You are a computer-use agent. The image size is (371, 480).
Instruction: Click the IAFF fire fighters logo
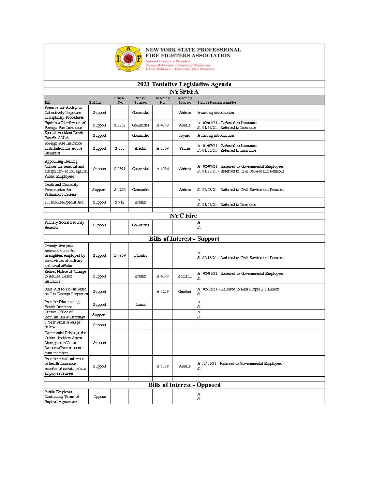(x=128, y=59)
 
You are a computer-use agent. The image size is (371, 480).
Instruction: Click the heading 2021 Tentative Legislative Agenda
(x=184, y=84)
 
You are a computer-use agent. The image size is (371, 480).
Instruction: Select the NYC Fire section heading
(x=183, y=216)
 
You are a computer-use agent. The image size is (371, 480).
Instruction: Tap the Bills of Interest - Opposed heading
(x=184, y=385)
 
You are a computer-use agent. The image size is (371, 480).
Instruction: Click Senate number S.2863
(x=120, y=125)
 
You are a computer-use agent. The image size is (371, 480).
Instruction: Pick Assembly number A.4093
(x=163, y=125)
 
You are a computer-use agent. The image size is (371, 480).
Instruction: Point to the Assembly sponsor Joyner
(x=184, y=135)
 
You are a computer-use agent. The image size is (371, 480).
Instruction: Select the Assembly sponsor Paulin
(x=184, y=148)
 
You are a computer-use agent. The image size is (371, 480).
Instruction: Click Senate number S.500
(x=120, y=148)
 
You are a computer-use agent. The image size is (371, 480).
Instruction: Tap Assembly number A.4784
(x=163, y=169)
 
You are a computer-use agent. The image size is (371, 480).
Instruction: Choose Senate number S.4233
(x=120, y=190)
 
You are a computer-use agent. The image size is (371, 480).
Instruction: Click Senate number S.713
(x=120, y=202)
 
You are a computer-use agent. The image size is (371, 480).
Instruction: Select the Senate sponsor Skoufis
(x=140, y=255)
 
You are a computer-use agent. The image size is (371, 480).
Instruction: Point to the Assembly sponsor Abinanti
(x=184, y=276)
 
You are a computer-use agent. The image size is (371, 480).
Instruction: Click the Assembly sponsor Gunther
(x=184, y=291)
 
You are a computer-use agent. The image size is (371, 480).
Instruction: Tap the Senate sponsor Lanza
(x=140, y=304)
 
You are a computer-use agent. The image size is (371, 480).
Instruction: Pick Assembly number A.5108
(x=163, y=366)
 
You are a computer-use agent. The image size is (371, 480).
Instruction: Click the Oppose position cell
(x=100, y=396)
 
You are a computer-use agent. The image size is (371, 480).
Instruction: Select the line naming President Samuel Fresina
(x=168, y=61)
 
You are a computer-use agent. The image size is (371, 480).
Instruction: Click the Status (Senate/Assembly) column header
(x=216, y=102)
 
